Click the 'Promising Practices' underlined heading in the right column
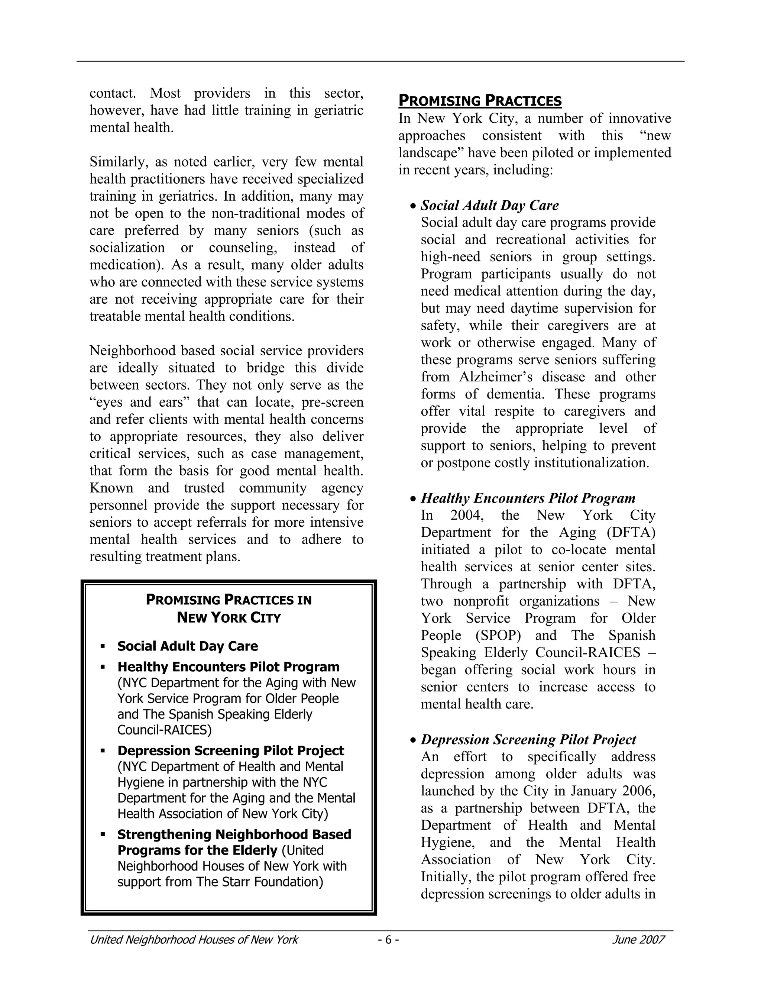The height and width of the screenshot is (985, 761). point(480,101)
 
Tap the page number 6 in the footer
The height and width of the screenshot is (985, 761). point(388,939)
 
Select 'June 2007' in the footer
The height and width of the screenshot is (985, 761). point(638,939)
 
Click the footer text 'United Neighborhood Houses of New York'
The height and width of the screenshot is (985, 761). point(194,939)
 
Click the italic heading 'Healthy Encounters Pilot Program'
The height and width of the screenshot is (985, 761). point(528,498)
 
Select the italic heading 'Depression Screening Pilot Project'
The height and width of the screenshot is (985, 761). point(528,739)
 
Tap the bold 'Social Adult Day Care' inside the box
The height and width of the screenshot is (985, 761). point(188,646)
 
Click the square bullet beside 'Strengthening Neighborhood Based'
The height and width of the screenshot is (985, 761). point(103,834)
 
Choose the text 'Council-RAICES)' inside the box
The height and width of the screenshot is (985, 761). point(164,730)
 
